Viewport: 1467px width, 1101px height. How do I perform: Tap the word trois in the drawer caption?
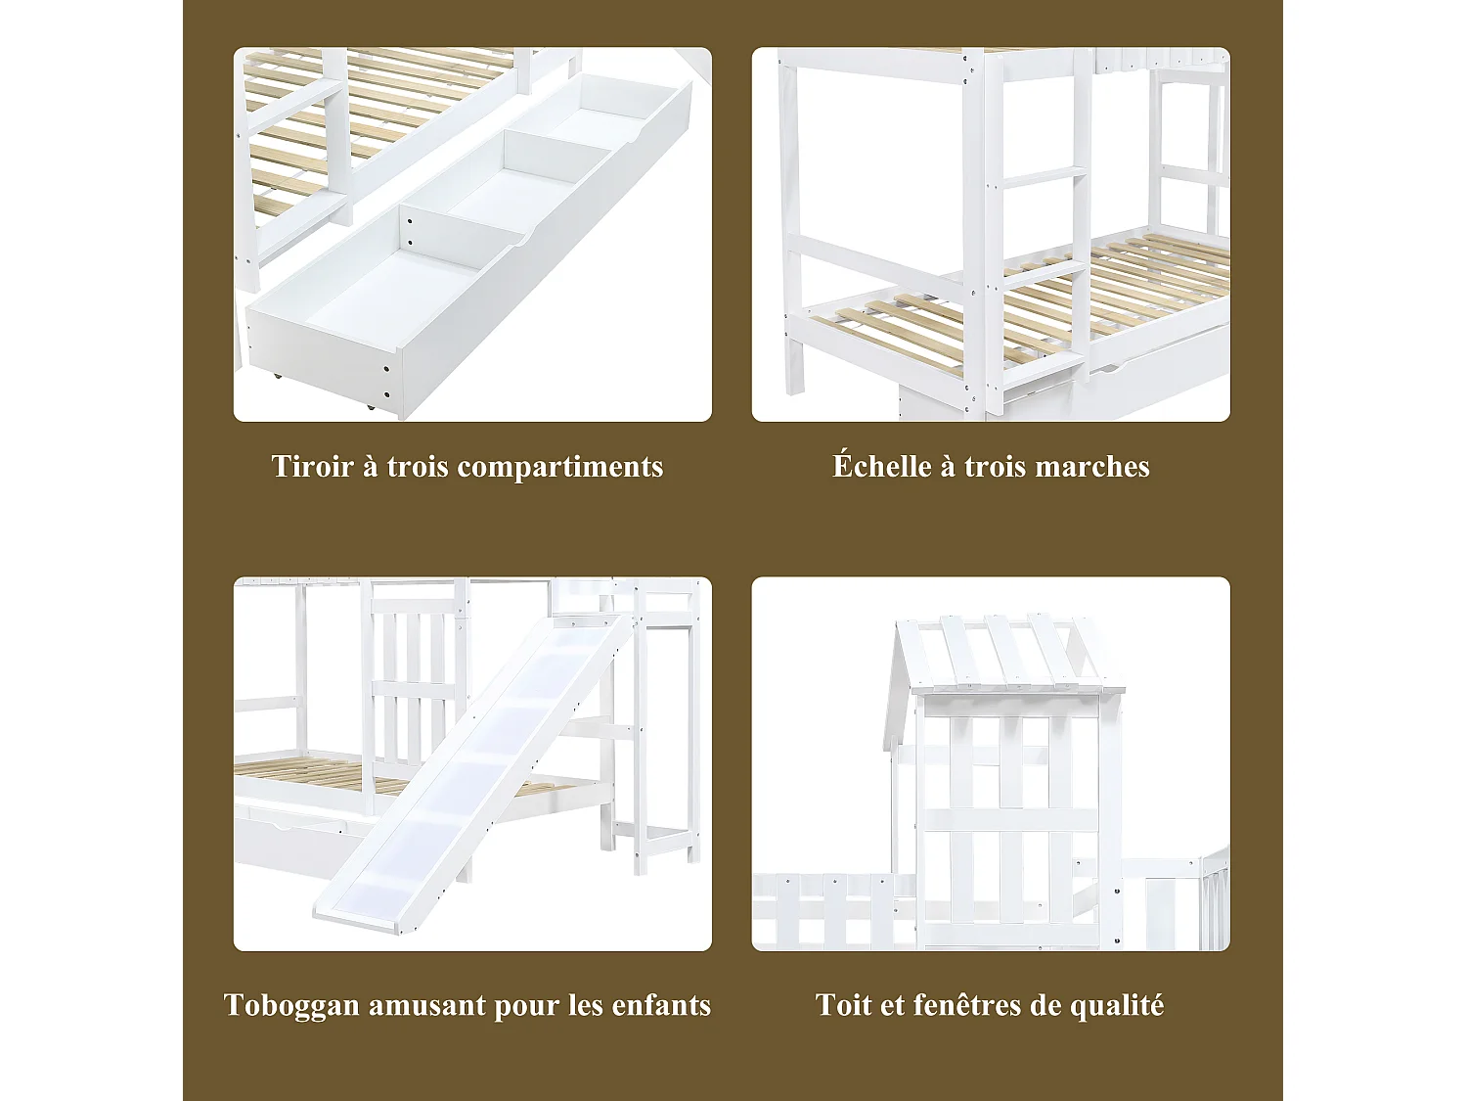tap(418, 466)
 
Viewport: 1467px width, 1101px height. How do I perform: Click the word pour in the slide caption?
tap(529, 1006)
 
